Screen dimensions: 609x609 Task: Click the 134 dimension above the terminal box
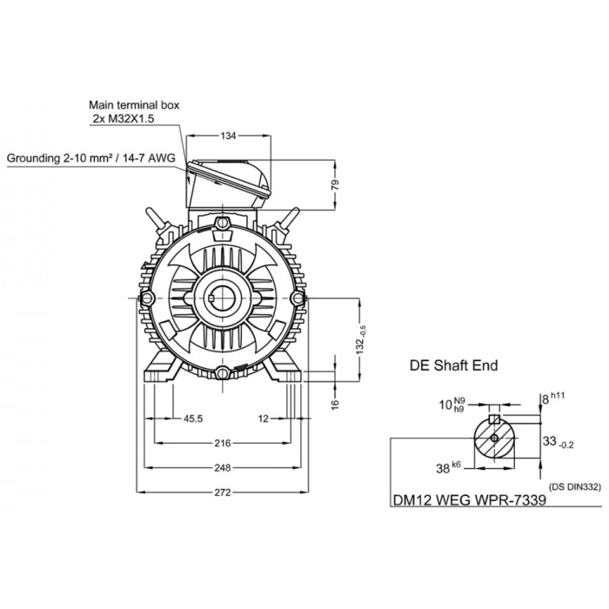(229, 137)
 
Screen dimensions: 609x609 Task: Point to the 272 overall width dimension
(223, 492)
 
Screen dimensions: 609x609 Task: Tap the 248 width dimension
(223, 468)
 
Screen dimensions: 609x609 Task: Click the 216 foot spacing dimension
(223, 443)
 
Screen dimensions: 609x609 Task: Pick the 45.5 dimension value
(192, 418)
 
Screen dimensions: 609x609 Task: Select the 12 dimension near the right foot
(264, 418)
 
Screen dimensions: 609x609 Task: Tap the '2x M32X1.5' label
(123, 118)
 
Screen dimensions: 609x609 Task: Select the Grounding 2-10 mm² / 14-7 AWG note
(90, 158)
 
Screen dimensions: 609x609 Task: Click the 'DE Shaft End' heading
(453, 365)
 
